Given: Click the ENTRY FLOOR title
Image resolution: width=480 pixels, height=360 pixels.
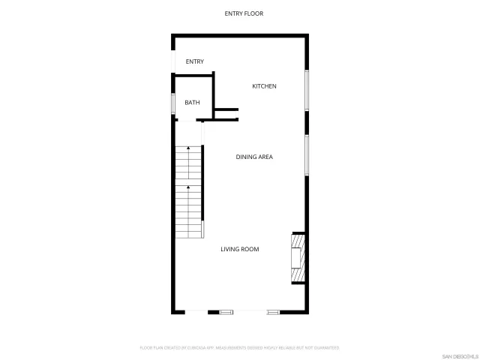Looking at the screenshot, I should click(x=244, y=13).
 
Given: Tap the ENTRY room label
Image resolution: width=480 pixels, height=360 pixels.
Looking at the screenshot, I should click(x=195, y=61).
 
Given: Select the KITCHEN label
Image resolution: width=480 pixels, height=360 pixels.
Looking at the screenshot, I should click(x=264, y=86).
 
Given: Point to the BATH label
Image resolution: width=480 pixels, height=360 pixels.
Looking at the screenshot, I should click(x=193, y=102).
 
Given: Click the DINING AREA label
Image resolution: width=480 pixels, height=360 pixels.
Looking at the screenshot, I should click(x=254, y=157).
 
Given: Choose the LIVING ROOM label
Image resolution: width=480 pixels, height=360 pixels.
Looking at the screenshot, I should click(x=240, y=249).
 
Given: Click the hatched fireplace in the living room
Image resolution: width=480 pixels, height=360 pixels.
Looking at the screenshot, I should click(x=298, y=258).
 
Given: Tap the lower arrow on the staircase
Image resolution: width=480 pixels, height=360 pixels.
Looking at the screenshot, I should click(x=188, y=187).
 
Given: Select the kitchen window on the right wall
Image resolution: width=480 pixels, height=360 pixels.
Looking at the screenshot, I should click(x=306, y=91).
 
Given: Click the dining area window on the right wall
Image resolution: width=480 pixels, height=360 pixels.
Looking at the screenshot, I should click(x=306, y=154).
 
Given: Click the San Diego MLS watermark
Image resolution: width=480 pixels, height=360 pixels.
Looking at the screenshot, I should click(x=460, y=355).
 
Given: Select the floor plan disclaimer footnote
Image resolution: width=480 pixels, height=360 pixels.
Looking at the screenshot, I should click(x=240, y=348).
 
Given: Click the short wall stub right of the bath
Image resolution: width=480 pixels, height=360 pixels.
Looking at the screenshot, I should click(x=226, y=113).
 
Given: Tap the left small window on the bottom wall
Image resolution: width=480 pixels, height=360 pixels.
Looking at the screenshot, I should click(x=226, y=311).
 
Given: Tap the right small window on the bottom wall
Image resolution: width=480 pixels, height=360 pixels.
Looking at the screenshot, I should click(x=273, y=311).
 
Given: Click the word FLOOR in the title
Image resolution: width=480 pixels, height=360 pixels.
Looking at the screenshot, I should click(x=253, y=13).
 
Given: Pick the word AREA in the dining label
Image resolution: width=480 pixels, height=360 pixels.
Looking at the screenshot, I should click(x=265, y=157).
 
